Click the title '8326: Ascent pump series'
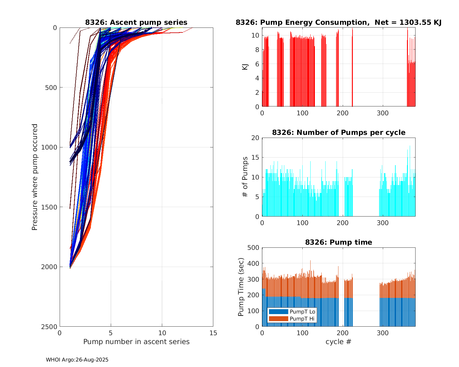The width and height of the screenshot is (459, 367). pos(136,22)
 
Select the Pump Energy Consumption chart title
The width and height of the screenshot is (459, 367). pos(338,22)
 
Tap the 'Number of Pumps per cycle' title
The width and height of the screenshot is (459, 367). pos(338,132)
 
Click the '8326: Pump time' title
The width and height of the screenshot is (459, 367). pos(338,242)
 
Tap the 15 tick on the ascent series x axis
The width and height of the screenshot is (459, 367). pos(213,333)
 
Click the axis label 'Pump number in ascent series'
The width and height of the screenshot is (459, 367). pos(136,342)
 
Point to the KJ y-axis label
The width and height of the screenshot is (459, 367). pos(245,67)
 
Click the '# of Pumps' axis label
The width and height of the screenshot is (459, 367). pos(245,177)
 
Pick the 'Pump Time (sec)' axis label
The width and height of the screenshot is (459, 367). pos(241,287)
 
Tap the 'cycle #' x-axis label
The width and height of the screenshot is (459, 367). pos(338,342)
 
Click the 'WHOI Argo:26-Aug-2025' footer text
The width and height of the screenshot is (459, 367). pos(77,360)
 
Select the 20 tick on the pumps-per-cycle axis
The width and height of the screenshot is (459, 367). pos(255,138)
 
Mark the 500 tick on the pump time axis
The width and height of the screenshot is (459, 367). pos(253,248)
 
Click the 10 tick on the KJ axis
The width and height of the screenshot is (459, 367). pos(255,35)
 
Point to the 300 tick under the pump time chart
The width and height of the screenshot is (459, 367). pos(382,333)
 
